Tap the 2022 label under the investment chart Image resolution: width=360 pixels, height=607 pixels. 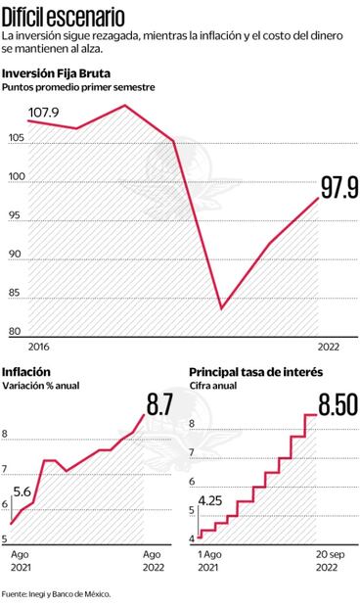(x=331, y=347)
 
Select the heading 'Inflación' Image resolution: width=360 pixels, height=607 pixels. (x=26, y=372)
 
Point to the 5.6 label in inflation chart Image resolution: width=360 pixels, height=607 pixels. (x=23, y=492)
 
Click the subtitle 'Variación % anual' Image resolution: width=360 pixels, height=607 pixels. (x=40, y=386)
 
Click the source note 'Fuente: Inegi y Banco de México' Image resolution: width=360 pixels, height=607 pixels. (x=56, y=593)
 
